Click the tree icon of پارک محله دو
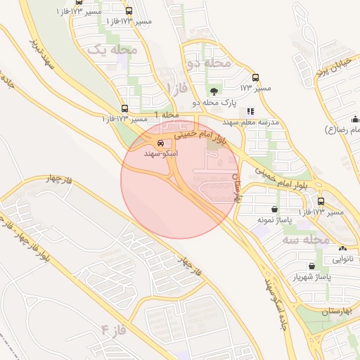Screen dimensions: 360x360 click(214, 91)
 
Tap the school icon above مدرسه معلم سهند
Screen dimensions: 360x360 click(250, 111)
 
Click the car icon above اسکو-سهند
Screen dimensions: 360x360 click(160, 143)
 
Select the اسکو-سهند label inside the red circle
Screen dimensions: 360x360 click(160, 153)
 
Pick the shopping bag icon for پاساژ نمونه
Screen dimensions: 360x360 click(274, 209)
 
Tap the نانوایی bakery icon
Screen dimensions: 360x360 click(342, 248)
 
